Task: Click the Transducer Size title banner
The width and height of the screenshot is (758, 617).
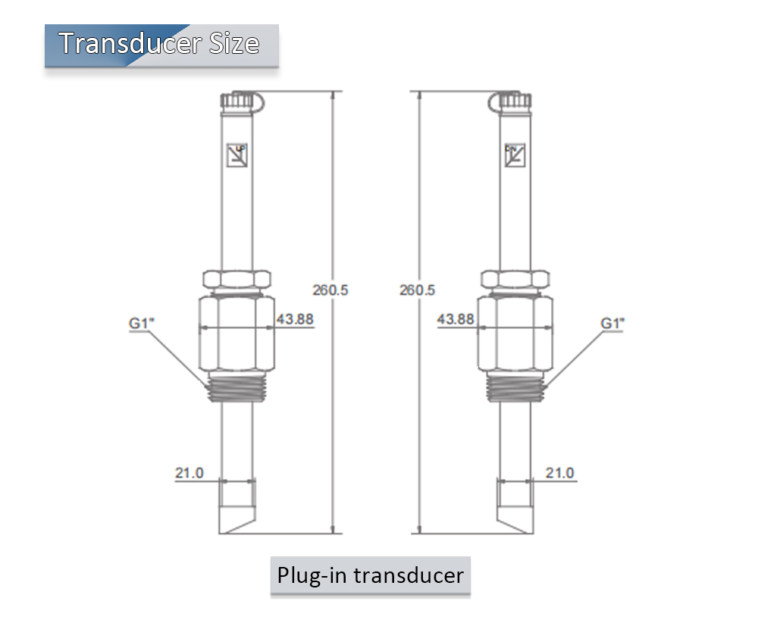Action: click(x=161, y=44)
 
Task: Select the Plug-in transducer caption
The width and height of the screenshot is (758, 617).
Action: click(x=370, y=575)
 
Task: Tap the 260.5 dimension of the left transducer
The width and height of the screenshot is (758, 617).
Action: click(x=330, y=290)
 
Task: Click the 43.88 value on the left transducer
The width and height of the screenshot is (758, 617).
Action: click(x=295, y=319)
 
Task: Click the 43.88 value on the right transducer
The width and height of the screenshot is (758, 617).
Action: click(x=456, y=319)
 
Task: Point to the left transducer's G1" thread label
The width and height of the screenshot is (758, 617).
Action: click(x=142, y=323)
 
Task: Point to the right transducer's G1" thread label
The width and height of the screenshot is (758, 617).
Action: click(x=612, y=323)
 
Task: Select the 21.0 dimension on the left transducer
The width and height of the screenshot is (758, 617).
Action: click(x=189, y=473)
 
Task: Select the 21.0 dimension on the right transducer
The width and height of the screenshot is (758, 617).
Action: click(x=560, y=473)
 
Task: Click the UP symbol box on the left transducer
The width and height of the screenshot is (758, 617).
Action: click(x=237, y=155)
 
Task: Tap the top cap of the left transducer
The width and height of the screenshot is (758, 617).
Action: click(x=238, y=100)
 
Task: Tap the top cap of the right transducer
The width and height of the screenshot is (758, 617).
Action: click(x=515, y=100)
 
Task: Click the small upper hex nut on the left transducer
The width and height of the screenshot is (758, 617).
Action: click(x=236, y=277)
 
